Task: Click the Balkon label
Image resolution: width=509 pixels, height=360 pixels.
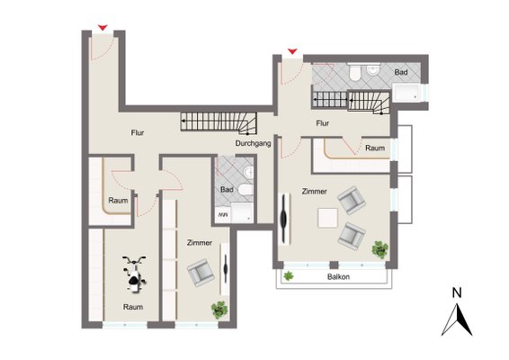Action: pyautogui.click(x=338, y=277)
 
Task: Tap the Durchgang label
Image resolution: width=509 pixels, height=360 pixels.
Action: pyautogui.click(x=253, y=143)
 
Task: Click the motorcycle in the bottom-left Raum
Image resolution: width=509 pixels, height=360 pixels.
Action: pyautogui.click(x=134, y=274)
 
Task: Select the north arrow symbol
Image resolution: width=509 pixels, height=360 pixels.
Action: pyautogui.click(x=457, y=319)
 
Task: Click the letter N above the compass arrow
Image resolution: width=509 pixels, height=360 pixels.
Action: pyautogui.click(x=457, y=293)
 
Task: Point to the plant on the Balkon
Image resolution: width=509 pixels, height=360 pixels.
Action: pyautogui.click(x=289, y=276)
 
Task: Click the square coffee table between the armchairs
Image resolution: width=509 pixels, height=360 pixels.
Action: pyautogui.click(x=327, y=218)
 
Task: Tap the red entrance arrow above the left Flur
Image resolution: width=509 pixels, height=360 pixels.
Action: pyautogui.click(x=103, y=28)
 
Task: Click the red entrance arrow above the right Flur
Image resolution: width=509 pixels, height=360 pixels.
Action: pyautogui.click(x=292, y=51)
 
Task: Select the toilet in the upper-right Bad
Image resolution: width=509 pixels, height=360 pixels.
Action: pyautogui.click(x=354, y=73)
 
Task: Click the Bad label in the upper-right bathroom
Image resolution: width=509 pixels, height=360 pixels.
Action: pyautogui.click(x=401, y=72)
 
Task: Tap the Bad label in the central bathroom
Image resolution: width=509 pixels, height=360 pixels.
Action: pyautogui.click(x=227, y=189)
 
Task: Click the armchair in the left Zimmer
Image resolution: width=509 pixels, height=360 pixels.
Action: pyautogui.click(x=201, y=273)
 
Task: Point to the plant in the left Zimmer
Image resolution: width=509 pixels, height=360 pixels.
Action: pyautogui.click(x=219, y=310)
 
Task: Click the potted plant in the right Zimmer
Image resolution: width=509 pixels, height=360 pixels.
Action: pyautogui.click(x=380, y=249)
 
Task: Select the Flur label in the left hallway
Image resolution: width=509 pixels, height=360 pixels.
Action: pyautogui.click(x=138, y=132)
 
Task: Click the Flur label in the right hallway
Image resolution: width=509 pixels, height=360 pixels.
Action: pyautogui.click(x=322, y=123)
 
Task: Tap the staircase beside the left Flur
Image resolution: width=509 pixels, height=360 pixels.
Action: pyautogui.click(x=219, y=123)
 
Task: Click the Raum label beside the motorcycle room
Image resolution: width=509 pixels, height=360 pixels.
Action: pyautogui.click(x=118, y=201)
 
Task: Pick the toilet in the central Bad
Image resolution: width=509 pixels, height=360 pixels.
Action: pyautogui.click(x=246, y=190)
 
